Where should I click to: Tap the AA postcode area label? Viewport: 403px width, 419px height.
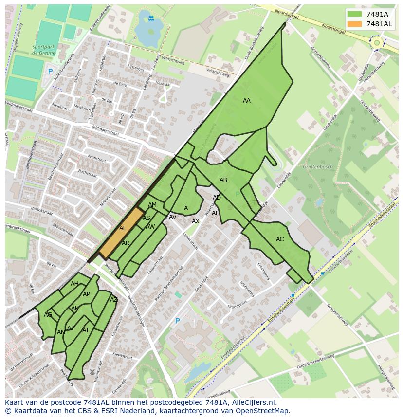(x=247, y=101)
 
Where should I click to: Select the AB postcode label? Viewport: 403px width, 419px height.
(x=223, y=180)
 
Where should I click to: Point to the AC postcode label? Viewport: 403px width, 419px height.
(x=280, y=239)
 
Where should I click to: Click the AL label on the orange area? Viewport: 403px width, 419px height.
(x=123, y=228)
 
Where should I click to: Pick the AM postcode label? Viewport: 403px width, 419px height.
(x=152, y=205)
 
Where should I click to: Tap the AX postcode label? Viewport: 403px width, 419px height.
(x=196, y=221)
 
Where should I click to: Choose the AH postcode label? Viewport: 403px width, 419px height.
(x=74, y=284)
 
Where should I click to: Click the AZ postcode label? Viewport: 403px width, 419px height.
(x=114, y=300)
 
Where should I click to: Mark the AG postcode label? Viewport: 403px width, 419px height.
(x=48, y=315)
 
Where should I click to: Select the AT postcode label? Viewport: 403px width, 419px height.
(x=86, y=330)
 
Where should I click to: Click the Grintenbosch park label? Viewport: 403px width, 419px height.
(x=318, y=167)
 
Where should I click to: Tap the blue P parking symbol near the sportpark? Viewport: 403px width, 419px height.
(x=50, y=72)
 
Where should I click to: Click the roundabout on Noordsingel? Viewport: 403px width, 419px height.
(x=376, y=43)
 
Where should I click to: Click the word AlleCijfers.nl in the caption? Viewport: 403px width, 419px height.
(x=253, y=403)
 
